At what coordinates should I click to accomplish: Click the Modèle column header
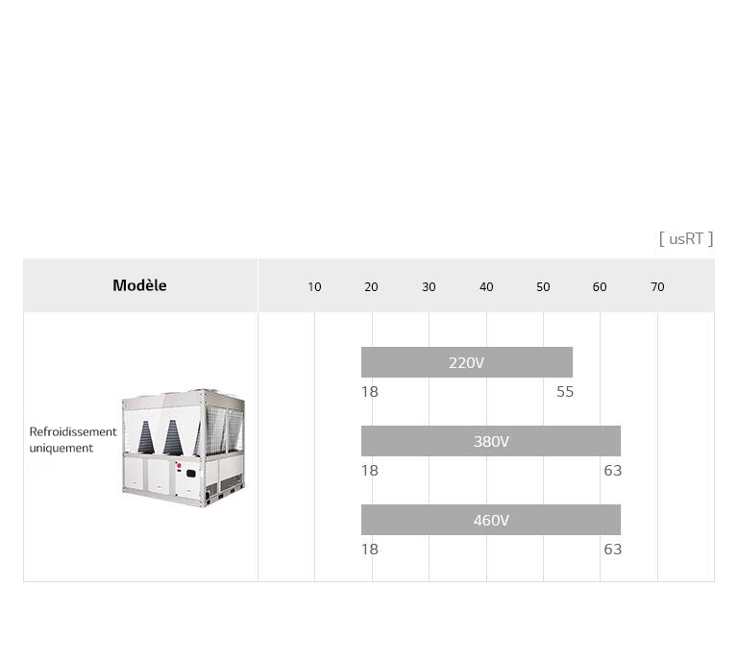click(139, 285)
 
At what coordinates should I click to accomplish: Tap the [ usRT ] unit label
click(686, 239)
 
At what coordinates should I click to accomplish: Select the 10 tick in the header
click(314, 287)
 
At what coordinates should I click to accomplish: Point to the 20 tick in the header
click(371, 287)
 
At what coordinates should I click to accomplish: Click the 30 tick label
click(429, 287)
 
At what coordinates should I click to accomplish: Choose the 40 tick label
click(486, 287)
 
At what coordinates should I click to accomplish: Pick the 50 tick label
click(543, 287)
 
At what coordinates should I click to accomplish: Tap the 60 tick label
click(600, 287)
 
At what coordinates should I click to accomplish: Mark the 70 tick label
click(657, 287)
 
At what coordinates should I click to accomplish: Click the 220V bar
click(467, 362)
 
